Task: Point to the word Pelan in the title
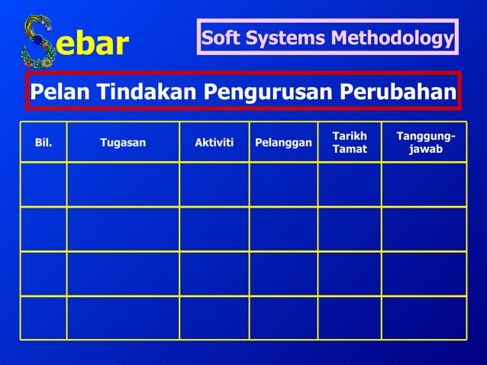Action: click(x=56, y=92)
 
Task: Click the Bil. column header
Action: click(x=44, y=142)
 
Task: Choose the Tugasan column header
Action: click(x=123, y=142)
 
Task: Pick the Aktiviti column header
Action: click(x=214, y=142)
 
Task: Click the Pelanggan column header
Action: click(x=283, y=143)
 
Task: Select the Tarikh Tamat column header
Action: click(x=350, y=142)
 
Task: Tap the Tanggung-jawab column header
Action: click(x=424, y=142)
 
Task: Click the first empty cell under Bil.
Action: click(x=44, y=184)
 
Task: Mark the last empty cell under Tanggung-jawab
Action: click(x=424, y=318)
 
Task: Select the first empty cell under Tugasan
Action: click(x=123, y=184)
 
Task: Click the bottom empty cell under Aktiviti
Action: click(x=214, y=318)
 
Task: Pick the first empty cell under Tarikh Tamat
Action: click(x=350, y=184)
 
